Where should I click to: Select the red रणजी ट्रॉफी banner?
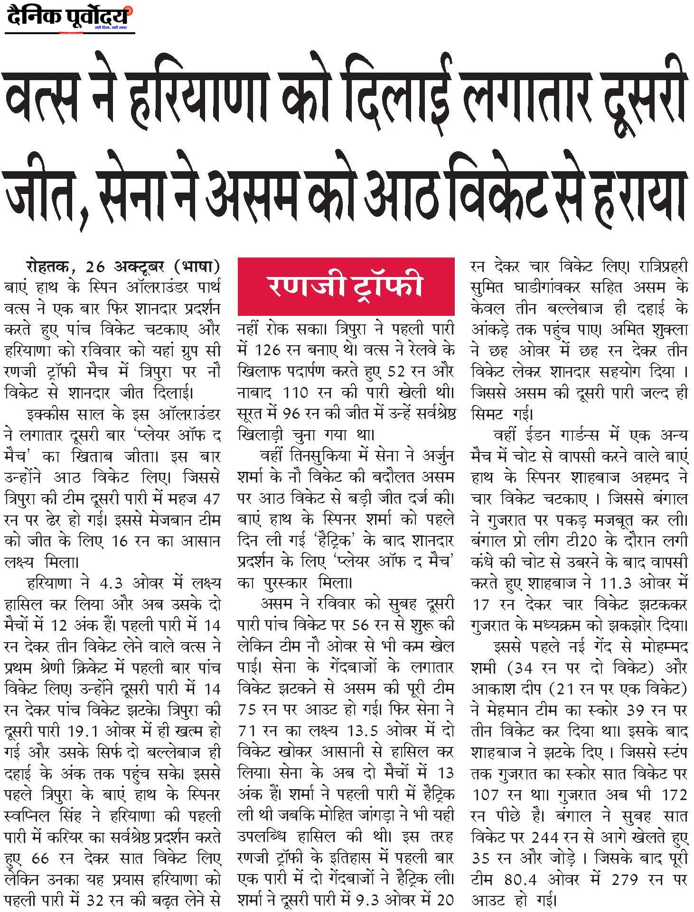346,286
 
